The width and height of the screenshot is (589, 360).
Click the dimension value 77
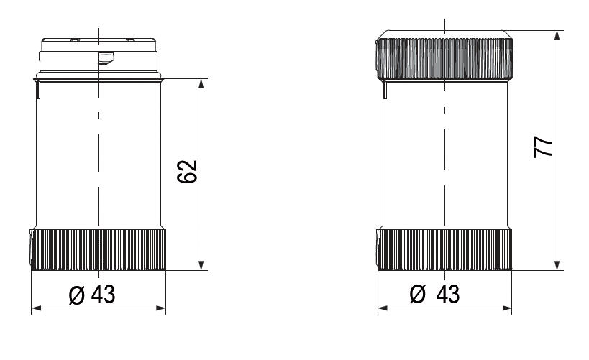click(546, 147)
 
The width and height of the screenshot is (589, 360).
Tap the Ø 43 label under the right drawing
click(437, 295)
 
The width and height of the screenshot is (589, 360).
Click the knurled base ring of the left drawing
click(99, 249)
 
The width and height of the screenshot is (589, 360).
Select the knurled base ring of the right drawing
click(444, 249)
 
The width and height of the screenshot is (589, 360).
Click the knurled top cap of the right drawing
click(444, 56)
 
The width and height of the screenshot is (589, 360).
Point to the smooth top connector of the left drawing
click(99, 54)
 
